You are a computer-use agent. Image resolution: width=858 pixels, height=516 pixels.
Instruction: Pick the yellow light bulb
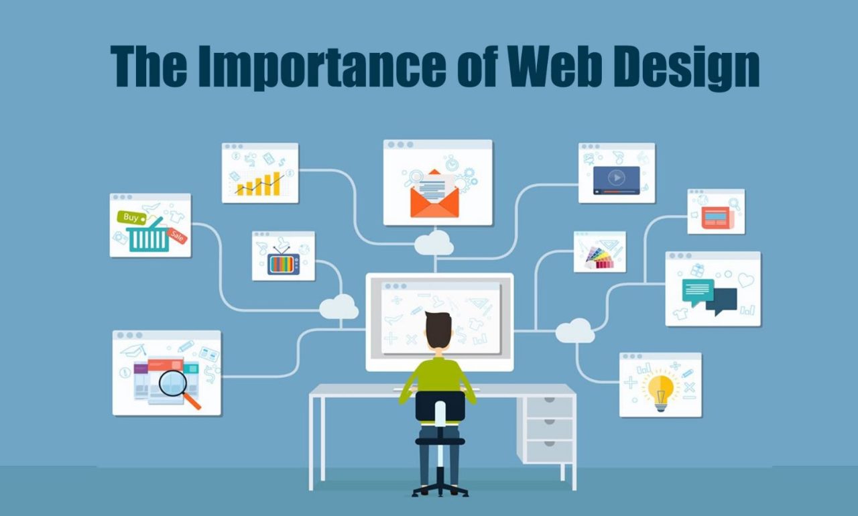(x=660, y=389)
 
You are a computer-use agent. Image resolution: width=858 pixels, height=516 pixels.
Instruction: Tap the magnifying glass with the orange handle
(x=176, y=386)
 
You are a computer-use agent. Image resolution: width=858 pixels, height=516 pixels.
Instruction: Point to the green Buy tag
(x=131, y=217)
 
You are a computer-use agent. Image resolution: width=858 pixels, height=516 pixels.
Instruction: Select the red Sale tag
(x=178, y=235)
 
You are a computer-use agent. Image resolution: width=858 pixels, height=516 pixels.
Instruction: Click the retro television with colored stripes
(x=284, y=261)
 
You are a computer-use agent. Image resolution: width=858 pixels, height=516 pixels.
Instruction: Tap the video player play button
(x=616, y=178)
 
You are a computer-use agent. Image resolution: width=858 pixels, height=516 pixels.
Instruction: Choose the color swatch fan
(x=599, y=257)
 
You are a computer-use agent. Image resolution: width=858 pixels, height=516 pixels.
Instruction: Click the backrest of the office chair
(x=440, y=406)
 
